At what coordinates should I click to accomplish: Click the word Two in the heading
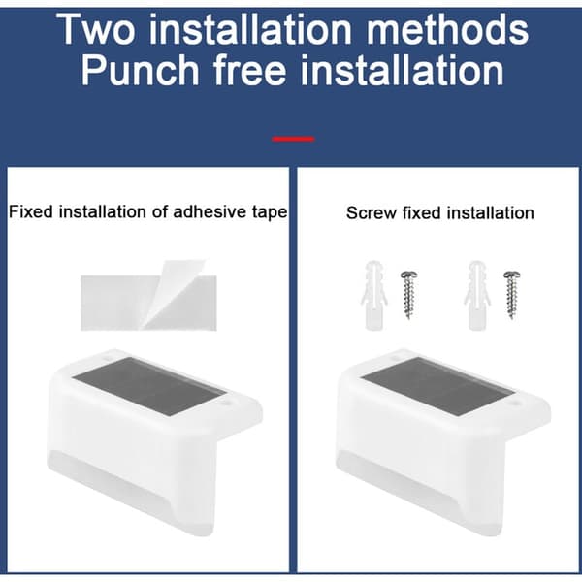96,29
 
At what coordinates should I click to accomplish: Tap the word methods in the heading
447,29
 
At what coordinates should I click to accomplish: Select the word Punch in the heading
140,70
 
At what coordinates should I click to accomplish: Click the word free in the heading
250,70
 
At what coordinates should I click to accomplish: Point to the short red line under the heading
293,139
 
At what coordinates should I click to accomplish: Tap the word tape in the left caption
270,213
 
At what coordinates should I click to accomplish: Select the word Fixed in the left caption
31,211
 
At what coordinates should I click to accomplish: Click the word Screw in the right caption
371,213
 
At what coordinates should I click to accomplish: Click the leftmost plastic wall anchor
374,296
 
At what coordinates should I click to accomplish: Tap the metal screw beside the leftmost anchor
409,295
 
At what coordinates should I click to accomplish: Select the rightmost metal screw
512,295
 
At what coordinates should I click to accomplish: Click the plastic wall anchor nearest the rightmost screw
477,296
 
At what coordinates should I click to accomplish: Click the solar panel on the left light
149,385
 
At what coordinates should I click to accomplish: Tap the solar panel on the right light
438,385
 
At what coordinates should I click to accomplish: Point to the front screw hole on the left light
228,402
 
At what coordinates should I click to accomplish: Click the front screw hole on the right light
516,402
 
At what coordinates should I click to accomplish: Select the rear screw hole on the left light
108,359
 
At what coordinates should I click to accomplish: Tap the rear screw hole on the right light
396,359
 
